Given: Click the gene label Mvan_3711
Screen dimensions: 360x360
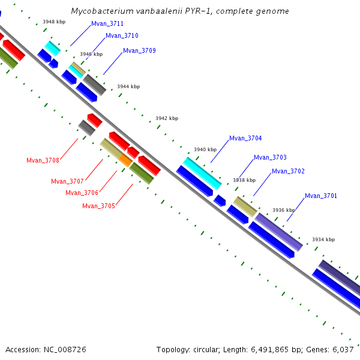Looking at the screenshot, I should click(x=107, y=24).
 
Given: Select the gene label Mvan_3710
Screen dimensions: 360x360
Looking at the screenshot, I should click(x=122, y=36).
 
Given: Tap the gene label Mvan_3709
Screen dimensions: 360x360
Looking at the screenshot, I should click(x=139, y=51).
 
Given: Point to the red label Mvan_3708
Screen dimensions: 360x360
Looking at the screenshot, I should click(x=43, y=160).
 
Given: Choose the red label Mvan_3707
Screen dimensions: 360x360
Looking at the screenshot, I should click(x=67, y=181).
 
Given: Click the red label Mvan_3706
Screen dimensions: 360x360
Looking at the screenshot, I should click(x=82, y=193).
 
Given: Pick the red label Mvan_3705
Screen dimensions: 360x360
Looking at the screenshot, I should click(x=98, y=206).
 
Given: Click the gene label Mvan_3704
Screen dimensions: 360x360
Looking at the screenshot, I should click(x=245, y=138).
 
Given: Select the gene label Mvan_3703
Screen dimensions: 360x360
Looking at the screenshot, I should click(x=270, y=158).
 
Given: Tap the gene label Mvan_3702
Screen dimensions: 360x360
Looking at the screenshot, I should click(x=288, y=172).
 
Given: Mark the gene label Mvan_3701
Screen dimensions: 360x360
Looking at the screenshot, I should click(x=321, y=196).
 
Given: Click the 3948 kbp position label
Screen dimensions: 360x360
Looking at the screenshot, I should click(x=54, y=22).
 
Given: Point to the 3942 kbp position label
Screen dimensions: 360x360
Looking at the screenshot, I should click(x=167, y=118).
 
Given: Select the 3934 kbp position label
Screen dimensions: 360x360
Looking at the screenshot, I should click(x=323, y=239).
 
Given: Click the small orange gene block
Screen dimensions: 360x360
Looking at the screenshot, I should click(x=125, y=160).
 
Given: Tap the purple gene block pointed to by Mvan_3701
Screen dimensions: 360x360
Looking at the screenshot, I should click(x=278, y=232).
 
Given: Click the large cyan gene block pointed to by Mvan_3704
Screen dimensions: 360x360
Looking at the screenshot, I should click(x=202, y=172).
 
